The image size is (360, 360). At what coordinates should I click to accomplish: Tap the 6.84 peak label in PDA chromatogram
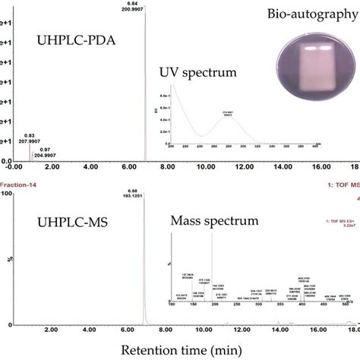point(144,3)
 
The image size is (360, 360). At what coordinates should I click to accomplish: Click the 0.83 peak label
point(31,134)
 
